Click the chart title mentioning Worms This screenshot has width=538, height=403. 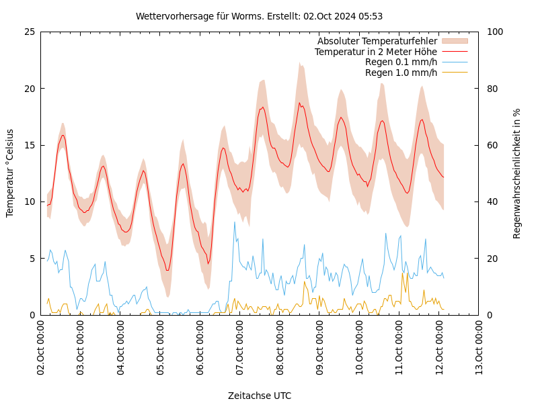coord(259,16)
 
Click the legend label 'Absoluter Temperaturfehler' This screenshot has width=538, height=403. coord(377,41)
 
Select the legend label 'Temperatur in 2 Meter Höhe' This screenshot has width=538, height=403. coord(375,52)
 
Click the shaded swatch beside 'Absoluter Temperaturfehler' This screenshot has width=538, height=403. coord(455,41)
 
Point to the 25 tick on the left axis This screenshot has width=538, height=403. coord(29,32)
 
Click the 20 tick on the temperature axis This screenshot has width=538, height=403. coord(29,89)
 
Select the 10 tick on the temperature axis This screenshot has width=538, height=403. coord(29,201)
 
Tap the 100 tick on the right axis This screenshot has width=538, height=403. coord(494,32)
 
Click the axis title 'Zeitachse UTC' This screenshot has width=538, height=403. coord(259,396)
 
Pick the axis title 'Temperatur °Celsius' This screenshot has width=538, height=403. coord(10,173)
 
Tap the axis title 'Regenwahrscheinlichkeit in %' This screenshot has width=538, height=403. coord(516,173)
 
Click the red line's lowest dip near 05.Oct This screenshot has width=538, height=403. coord(167,270)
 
